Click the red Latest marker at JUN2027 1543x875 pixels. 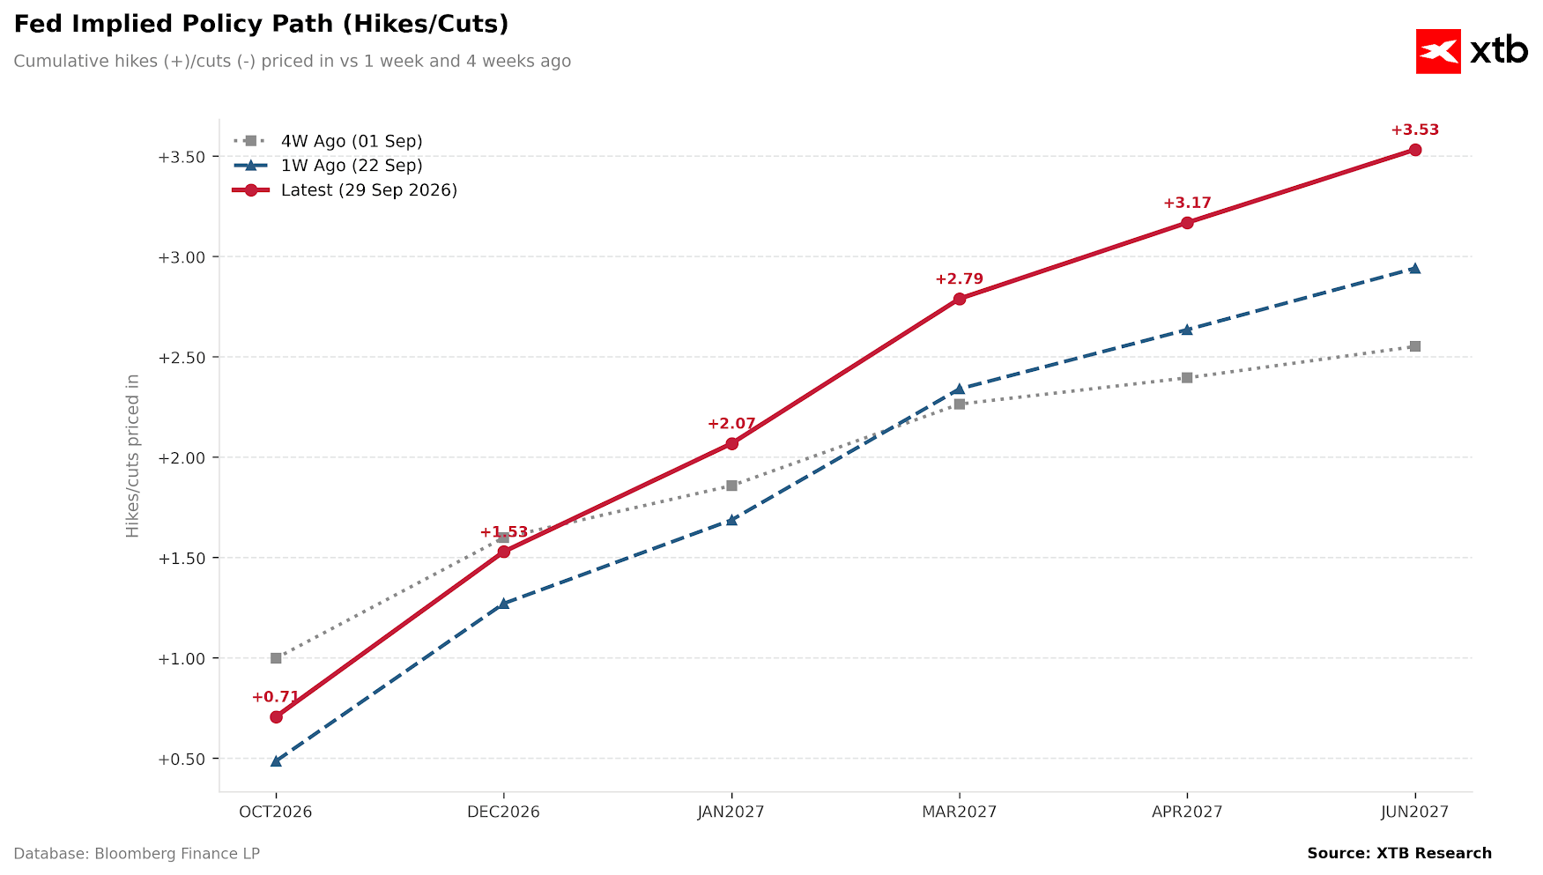point(1414,150)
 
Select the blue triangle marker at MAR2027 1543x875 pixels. point(959,389)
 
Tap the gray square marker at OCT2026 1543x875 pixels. point(276,658)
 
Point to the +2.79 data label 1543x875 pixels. point(959,279)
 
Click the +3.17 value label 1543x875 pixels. point(1187,204)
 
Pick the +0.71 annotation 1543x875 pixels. point(276,697)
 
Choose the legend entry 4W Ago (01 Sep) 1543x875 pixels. point(328,141)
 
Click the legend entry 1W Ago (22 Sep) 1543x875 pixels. point(328,166)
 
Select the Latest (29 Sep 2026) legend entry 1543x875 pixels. point(345,190)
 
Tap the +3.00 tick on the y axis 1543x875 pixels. point(181,257)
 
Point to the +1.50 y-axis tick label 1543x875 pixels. point(181,559)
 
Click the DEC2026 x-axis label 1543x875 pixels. point(503,812)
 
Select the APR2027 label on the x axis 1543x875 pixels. point(1187,812)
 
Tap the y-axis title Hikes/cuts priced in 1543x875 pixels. point(133,456)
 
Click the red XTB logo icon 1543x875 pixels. point(1438,51)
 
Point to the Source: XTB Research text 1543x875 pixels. point(1399,853)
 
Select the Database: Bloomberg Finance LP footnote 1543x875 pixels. point(137,854)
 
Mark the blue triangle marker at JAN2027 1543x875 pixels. point(731,520)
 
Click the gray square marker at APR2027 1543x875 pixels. point(1187,378)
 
